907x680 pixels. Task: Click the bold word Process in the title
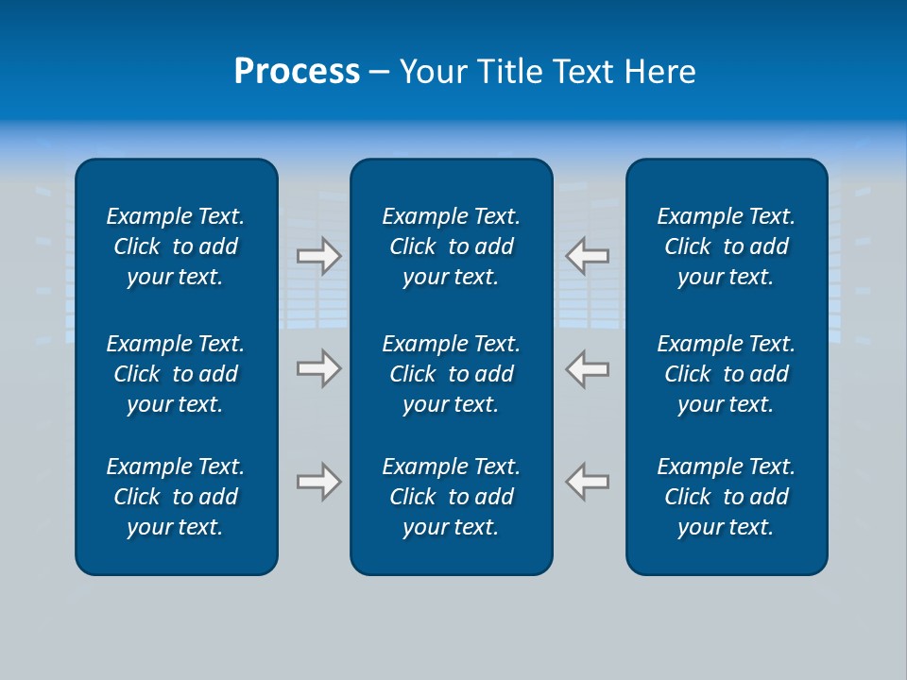click(297, 72)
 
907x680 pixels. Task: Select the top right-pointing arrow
click(319, 255)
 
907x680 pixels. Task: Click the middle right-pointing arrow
click(319, 368)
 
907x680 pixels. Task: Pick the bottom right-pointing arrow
click(319, 482)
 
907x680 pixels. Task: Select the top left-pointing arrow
click(587, 255)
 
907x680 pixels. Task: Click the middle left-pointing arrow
click(587, 368)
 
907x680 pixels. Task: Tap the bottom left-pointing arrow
click(587, 482)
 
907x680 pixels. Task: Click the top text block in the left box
click(176, 246)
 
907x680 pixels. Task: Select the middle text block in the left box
click(176, 374)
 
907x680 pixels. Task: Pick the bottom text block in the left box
click(176, 497)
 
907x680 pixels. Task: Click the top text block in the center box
click(452, 246)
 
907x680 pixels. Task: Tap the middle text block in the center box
click(452, 374)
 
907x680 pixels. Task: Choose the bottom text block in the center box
click(452, 497)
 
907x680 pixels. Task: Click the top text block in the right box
click(727, 246)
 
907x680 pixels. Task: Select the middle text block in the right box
click(727, 374)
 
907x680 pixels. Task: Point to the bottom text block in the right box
click(727, 497)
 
